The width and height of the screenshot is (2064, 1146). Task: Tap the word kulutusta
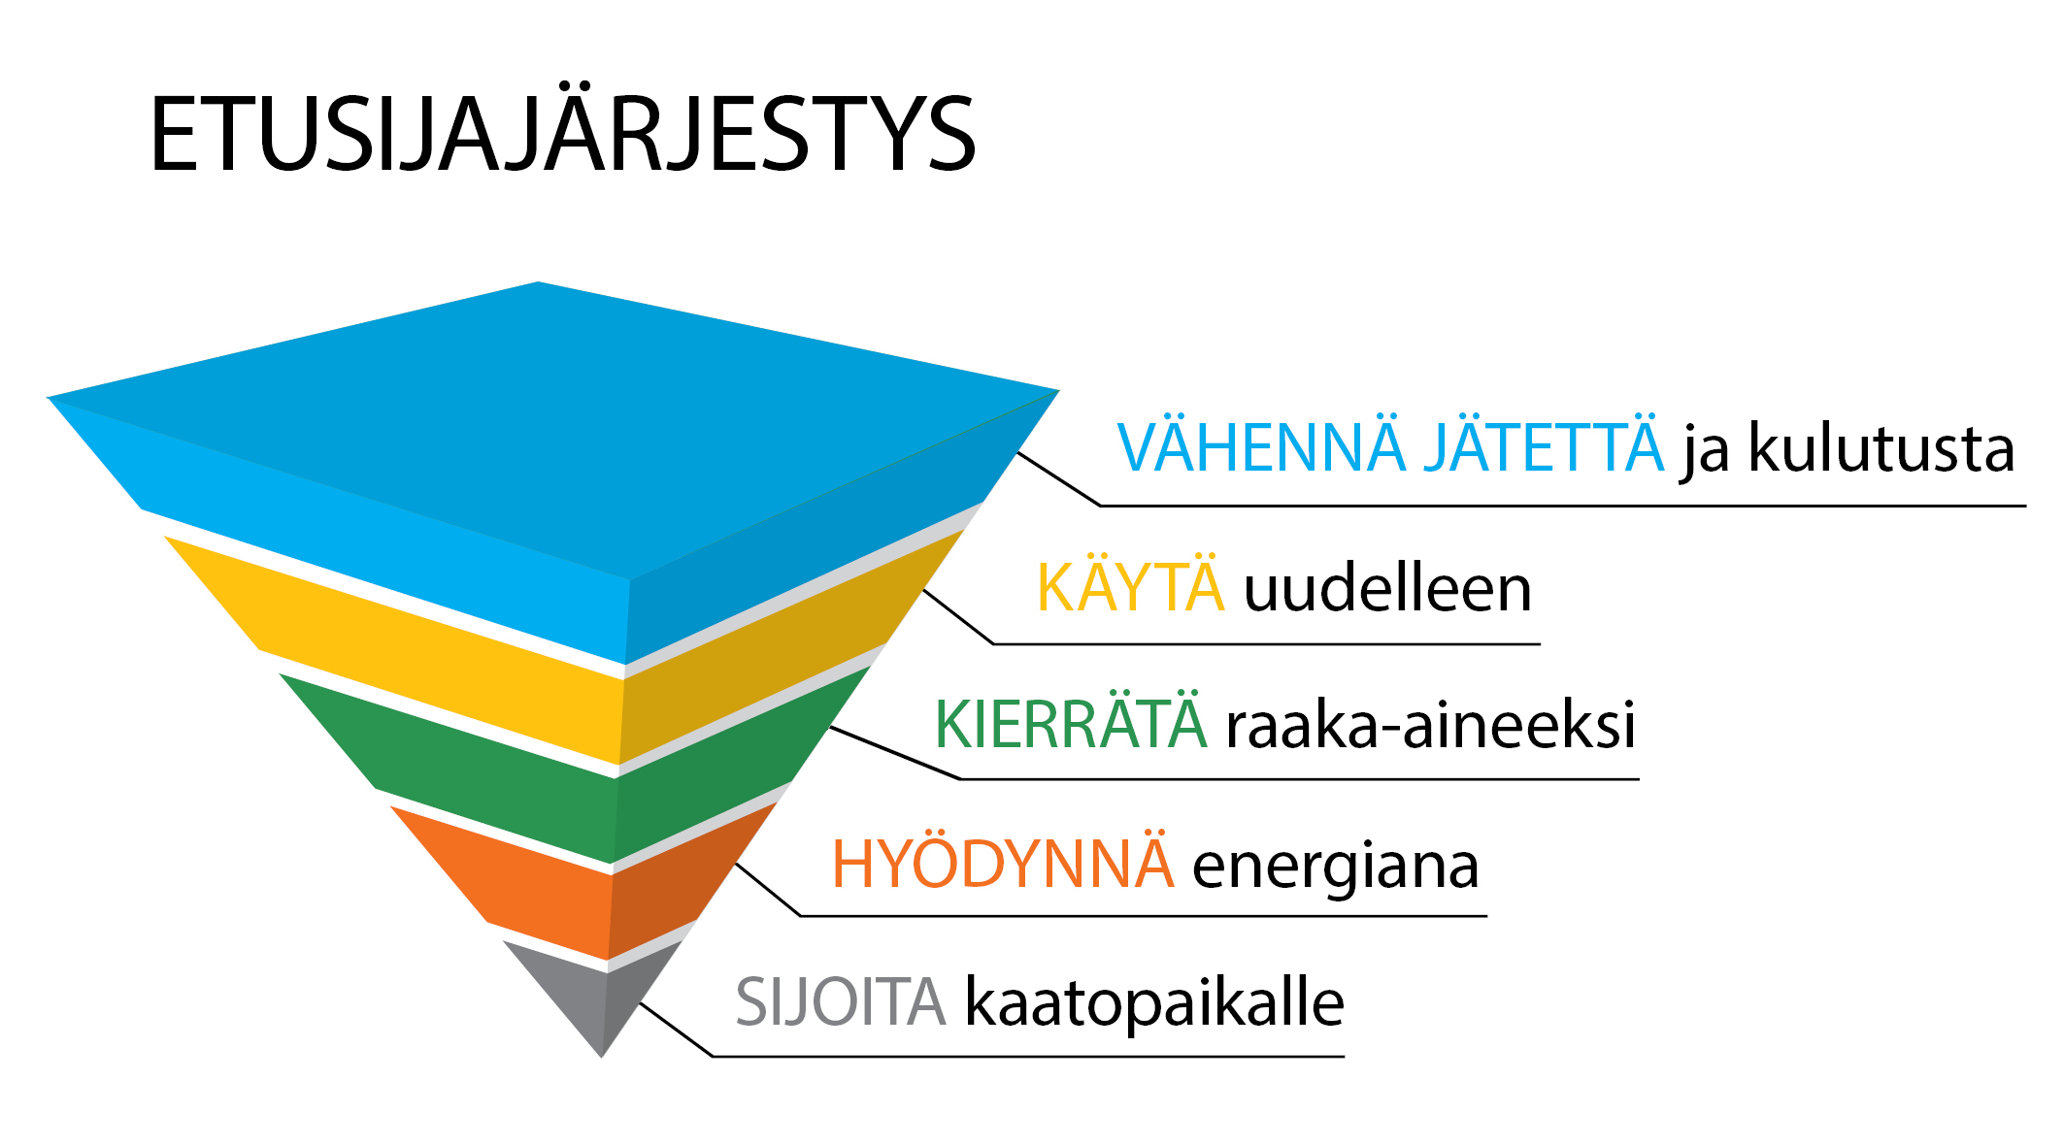(1881, 447)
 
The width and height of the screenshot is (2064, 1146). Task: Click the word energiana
(1336, 867)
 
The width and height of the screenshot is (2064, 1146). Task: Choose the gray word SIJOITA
(841, 1001)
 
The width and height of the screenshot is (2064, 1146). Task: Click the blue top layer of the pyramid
(553, 456)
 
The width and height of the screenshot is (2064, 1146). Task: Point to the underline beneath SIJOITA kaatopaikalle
(1029, 1056)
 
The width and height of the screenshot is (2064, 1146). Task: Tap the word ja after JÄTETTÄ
(1706, 452)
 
